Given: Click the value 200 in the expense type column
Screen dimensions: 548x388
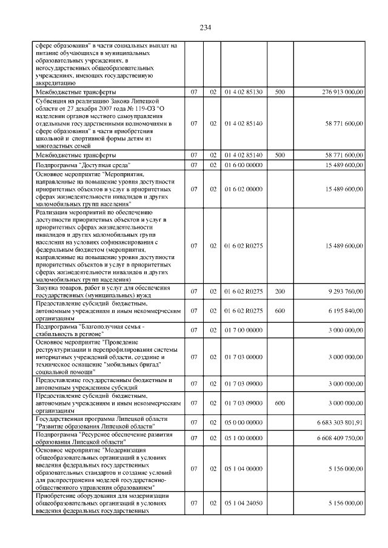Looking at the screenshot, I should [279, 291].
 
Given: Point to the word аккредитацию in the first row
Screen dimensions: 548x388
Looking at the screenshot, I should [55, 83].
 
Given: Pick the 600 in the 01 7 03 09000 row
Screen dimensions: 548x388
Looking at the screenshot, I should [279, 402].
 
